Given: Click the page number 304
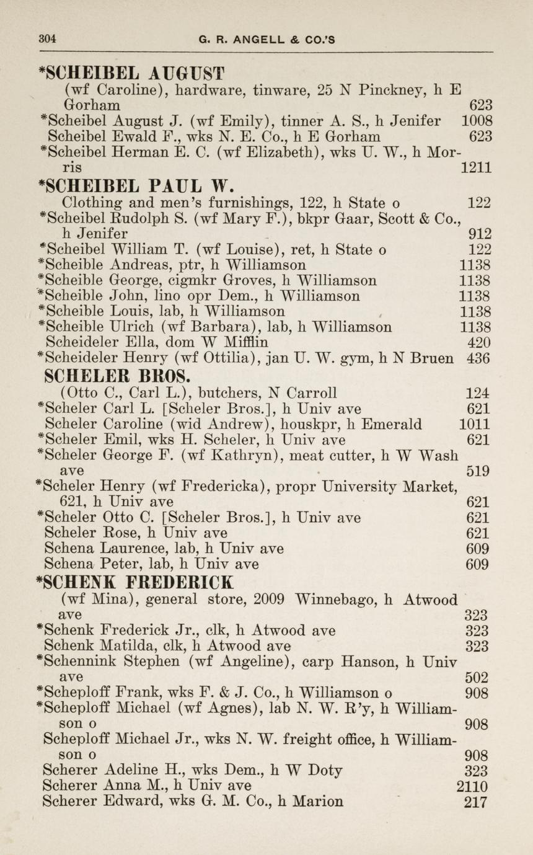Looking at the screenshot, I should point(47,38).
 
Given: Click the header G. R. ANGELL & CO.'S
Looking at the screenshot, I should point(266,40).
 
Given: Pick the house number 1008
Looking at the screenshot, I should point(477,121).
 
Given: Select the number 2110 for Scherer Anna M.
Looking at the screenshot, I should point(472,787).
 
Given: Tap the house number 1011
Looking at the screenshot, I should point(475,425).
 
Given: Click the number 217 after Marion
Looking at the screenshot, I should point(475,802).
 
